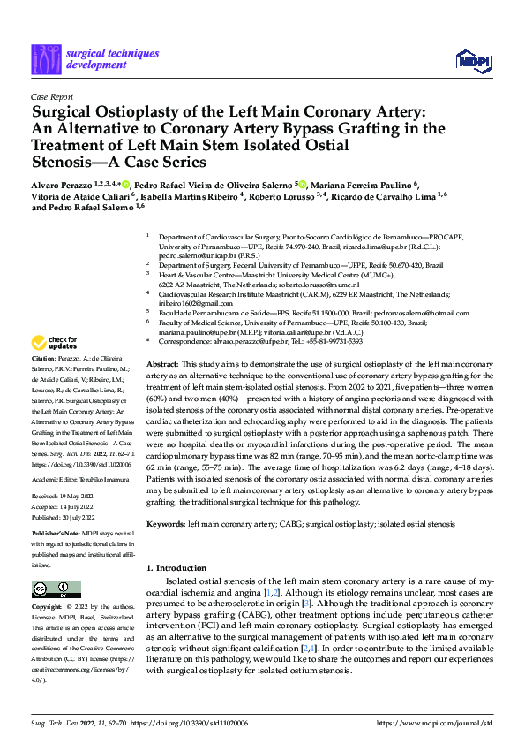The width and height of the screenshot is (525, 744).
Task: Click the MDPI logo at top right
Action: (471, 60)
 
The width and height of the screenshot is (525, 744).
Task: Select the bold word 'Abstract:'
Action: (162, 364)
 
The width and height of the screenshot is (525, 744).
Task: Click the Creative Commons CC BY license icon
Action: (50, 588)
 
